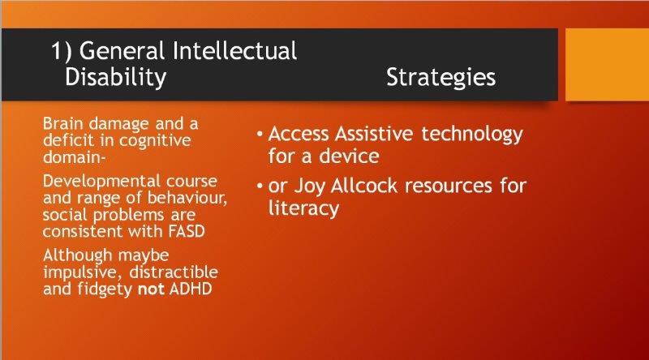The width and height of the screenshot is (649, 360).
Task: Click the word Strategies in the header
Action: (x=441, y=78)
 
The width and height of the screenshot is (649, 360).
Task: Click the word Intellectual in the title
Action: (x=234, y=50)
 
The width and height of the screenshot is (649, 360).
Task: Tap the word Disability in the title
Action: (x=115, y=77)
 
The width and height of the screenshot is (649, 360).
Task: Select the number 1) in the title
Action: (x=62, y=52)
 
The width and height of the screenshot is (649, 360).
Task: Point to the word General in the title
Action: (x=122, y=50)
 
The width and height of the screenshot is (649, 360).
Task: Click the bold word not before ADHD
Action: (x=151, y=289)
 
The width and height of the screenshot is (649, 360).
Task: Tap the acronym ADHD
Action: (x=191, y=289)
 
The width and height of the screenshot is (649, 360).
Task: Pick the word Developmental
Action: (x=102, y=182)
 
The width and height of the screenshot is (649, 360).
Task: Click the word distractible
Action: (x=174, y=272)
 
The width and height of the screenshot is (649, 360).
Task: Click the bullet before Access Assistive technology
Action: (x=260, y=134)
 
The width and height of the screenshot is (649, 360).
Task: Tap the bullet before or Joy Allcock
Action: (x=260, y=186)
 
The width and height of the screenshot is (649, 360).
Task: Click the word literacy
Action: (x=303, y=208)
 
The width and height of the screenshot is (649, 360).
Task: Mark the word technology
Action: (x=472, y=135)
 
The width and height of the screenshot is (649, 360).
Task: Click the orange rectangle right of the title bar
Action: (x=607, y=65)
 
